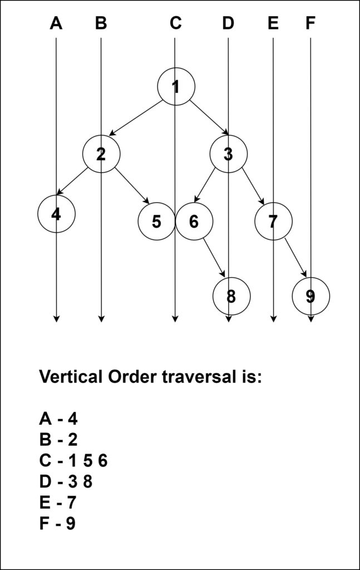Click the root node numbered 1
(176, 87)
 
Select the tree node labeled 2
(101, 154)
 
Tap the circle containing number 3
(228, 154)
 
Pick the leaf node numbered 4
(56, 213)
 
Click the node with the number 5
(156, 222)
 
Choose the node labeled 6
(194, 222)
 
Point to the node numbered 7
(273, 222)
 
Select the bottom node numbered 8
(231, 296)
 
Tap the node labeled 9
(310, 296)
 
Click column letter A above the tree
(56, 23)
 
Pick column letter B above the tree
(101, 23)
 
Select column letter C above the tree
(175, 23)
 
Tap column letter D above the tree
(228, 23)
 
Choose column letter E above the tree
(273, 23)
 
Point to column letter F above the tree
(310, 23)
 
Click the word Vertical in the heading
(71, 377)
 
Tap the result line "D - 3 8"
(66, 481)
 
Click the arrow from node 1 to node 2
(136, 118)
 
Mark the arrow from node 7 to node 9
(296, 257)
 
